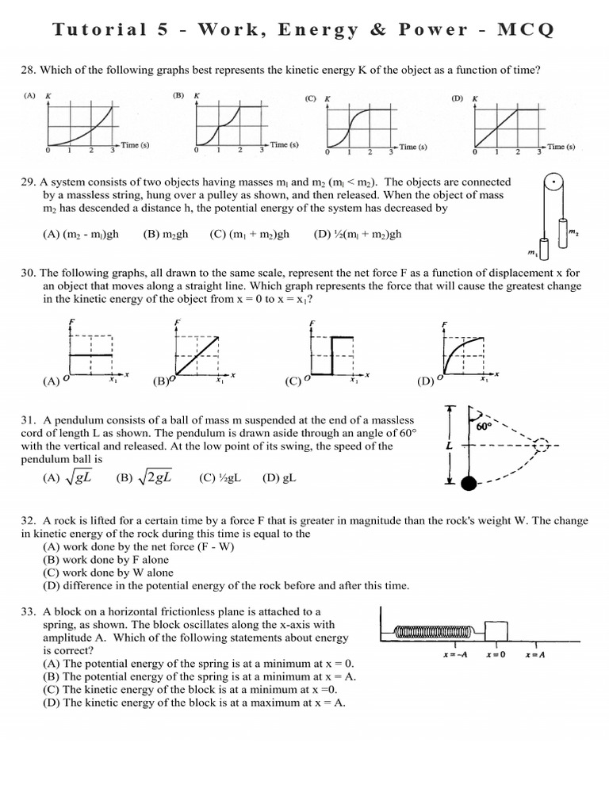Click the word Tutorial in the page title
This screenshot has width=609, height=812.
(x=98, y=30)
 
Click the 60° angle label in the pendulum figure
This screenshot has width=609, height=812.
(x=483, y=426)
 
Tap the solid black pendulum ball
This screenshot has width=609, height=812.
(x=469, y=483)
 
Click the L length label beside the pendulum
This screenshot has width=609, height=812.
(x=450, y=446)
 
